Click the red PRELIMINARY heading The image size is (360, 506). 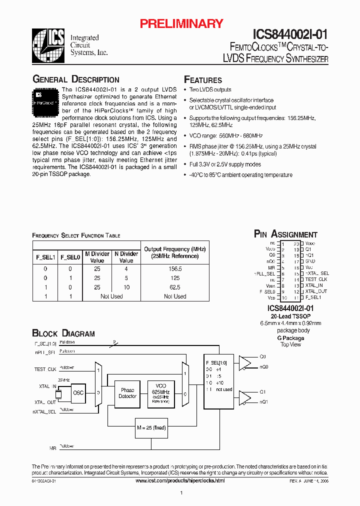181,23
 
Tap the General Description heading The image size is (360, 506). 76,79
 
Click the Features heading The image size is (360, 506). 203,80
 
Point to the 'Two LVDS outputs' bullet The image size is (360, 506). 210,89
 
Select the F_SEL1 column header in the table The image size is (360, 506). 45,257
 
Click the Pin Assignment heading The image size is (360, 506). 285,234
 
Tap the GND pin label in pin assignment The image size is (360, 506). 310,261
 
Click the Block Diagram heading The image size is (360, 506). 63,333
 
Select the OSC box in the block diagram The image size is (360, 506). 78,392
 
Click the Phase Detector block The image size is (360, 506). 127,393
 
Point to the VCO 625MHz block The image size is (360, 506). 160,392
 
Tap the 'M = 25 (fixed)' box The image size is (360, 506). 151,427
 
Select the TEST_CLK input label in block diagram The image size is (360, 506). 45,369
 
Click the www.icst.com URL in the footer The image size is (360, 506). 180,480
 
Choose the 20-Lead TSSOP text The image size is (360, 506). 285,316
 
